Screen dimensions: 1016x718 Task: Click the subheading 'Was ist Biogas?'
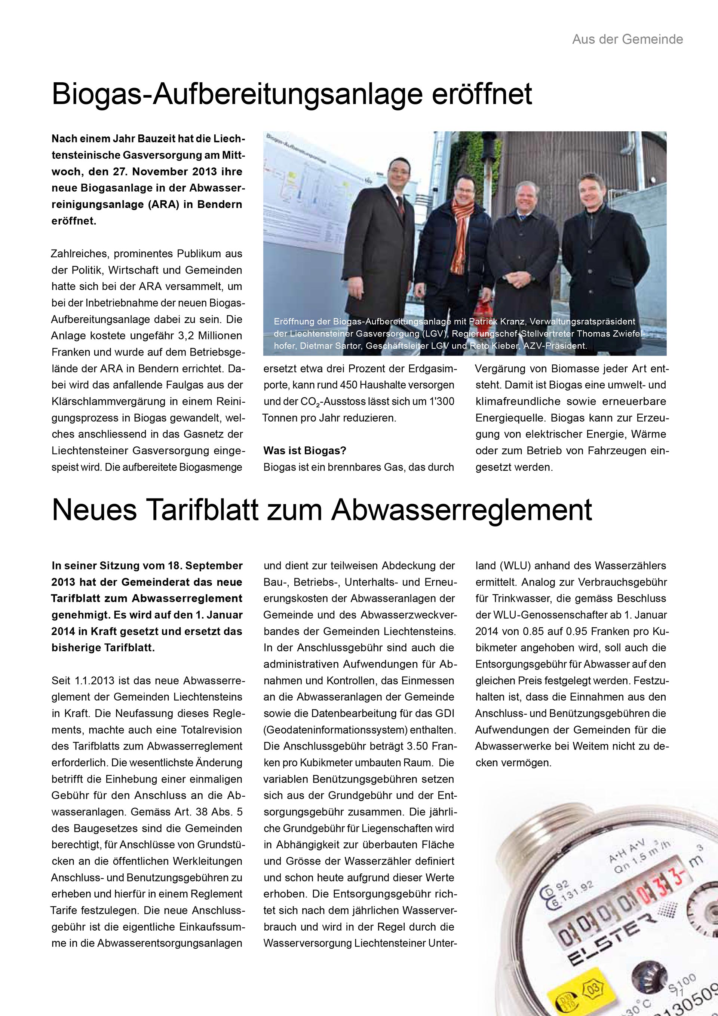[x=305, y=451]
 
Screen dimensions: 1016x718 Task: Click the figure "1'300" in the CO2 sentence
[x=442, y=402]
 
